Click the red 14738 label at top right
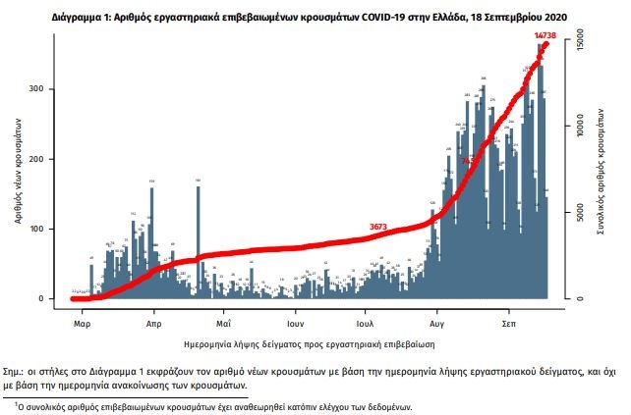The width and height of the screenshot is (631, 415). point(547,35)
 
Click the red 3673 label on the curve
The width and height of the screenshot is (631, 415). point(378,228)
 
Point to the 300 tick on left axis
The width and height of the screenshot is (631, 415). point(59,89)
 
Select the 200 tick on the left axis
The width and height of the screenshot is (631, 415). point(59,159)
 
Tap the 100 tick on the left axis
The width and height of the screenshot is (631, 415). point(59,229)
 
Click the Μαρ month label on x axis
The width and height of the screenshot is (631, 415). point(83,322)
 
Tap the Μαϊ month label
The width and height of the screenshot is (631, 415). point(223,322)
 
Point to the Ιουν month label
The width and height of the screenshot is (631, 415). point(293,322)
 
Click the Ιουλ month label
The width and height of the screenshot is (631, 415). point(365,322)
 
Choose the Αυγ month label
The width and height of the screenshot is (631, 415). point(438,322)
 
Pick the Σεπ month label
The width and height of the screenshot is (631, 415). point(509,322)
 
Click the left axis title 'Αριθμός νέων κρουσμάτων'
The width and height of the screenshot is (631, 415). point(20,171)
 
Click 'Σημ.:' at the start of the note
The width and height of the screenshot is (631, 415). point(16,374)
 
